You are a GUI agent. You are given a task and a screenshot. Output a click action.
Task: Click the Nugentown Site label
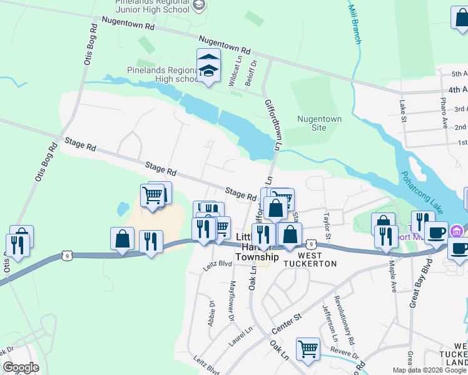(x=319, y=123)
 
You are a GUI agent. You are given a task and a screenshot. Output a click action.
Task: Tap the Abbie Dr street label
(x=211, y=312)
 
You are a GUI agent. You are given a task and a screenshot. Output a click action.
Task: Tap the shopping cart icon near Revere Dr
(x=308, y=349)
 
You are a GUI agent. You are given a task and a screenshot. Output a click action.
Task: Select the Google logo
(x=21, y=367)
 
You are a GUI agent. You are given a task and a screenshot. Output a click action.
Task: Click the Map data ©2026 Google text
(x=430, y=370)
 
